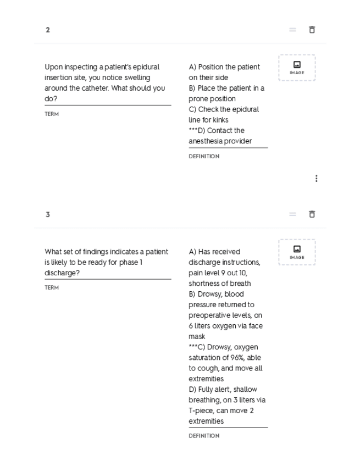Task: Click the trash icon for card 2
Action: [312, 30]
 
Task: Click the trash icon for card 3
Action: [312, 214]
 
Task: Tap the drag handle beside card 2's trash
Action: [293, 30]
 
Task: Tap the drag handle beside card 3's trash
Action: [293, 214]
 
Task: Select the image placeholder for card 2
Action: [297, 68]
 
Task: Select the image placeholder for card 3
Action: [297, 252]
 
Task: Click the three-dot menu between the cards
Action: [316, 179]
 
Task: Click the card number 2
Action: [48, 30]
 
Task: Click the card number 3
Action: [48, 214]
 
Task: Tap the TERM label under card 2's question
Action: [52, 114]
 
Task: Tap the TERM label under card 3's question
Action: [52, 288]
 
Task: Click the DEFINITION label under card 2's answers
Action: [204, 157]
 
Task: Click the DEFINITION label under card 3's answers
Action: [204, 436]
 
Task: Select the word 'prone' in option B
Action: [198, 99]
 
